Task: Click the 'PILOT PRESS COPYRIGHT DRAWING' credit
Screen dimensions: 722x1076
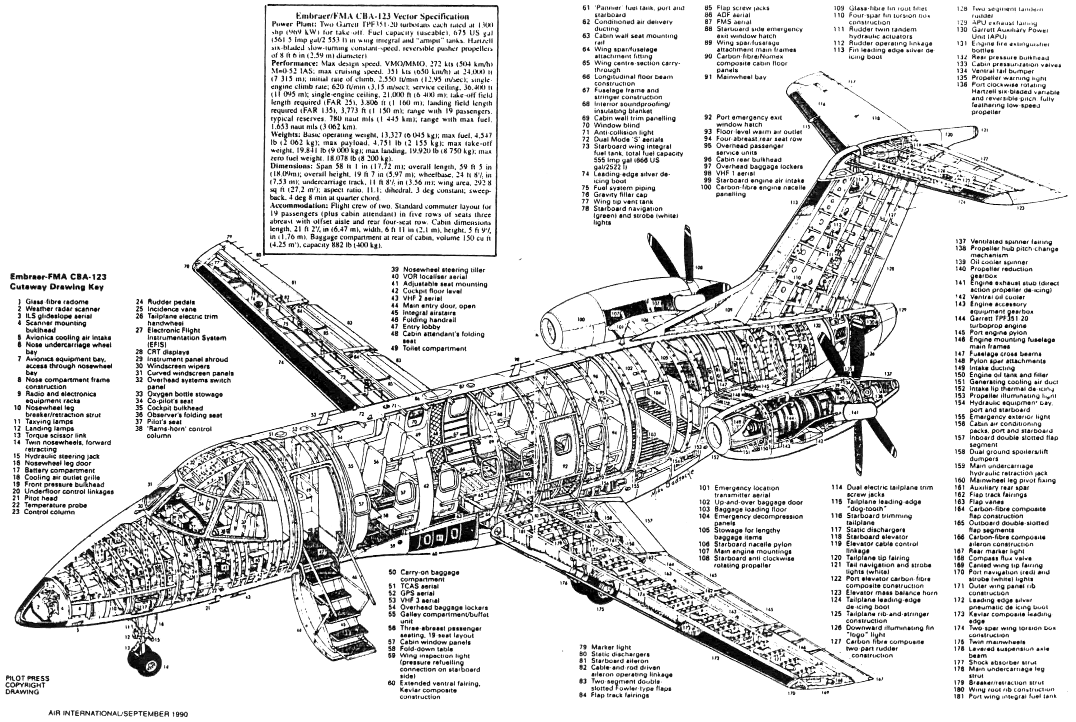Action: click(x=27, y=685)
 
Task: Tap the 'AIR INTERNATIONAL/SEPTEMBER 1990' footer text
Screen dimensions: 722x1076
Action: click(x=118, y=714)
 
